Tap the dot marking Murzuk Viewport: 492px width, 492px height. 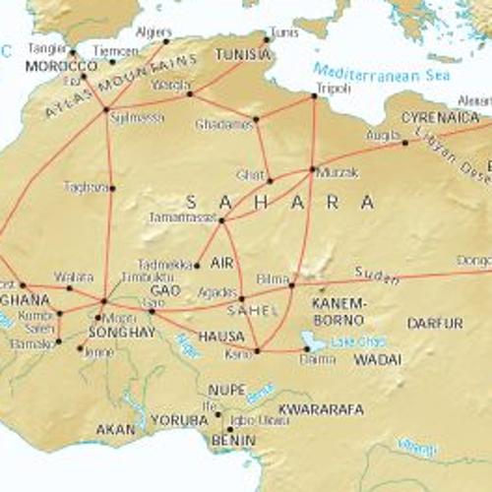coord(313,169)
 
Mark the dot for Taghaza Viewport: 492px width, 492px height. coord(112,187)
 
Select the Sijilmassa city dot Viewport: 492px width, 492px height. coord(106,110)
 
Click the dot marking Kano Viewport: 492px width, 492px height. coord(257,350)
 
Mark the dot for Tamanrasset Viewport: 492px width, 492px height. coord(222,220)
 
